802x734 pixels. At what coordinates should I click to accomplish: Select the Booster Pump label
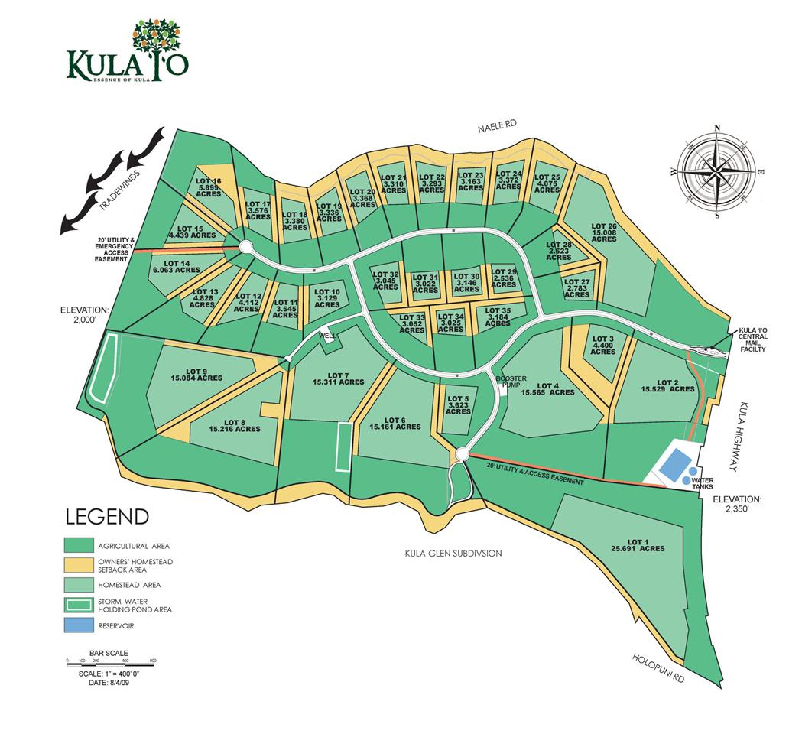[509, 382]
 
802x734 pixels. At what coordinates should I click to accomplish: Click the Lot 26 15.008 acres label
[604, 232]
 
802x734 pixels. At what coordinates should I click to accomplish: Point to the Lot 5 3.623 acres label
[458, 404]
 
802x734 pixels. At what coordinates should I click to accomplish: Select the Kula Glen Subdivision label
[453, 553]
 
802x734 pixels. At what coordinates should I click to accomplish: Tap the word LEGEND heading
[107, 517]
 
